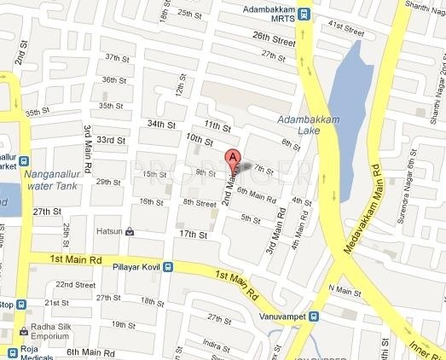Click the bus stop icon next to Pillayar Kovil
click(x=166, y=266)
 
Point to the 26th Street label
click(x=274, y=39)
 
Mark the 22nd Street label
click(x=75, y=284)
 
